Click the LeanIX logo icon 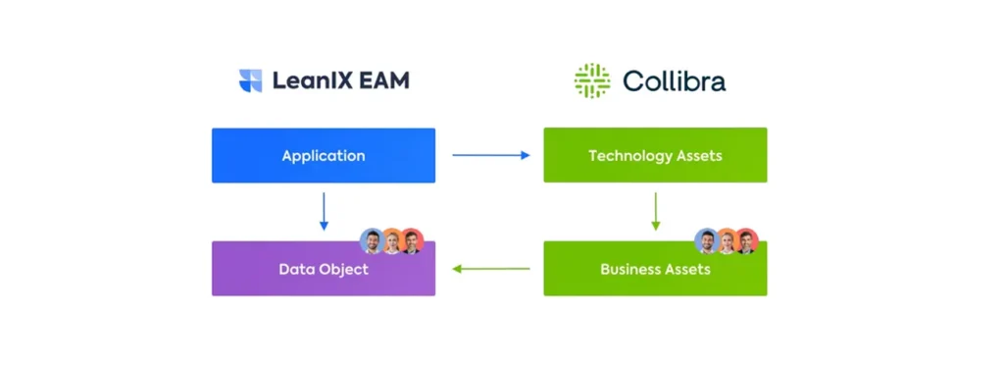click(x=251, y=80)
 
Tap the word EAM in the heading click(x=385, y=80)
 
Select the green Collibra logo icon click(x=592, y=80)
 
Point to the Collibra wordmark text click(x=675, y=80)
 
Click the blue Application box click(x=324, y=155)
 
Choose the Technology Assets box click(x=655, y=155)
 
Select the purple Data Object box click(x=324, y=269)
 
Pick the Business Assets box click(x=655, y=269)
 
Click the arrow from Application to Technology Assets click(x=490, y=155)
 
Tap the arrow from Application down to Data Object click(x=324, y=211)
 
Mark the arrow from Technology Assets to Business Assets click(x=655, y=211)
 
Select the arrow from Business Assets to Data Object click(x=490, y=269)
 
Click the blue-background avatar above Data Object click(x=372, y=240)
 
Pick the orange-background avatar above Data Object click(x=391, y=241)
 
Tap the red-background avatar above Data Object click(x=412, y=241)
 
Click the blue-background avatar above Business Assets click(x=706, y=240)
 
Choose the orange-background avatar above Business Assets click(x=727, y=241)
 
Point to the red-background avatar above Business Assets click(x=747, y=241)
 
